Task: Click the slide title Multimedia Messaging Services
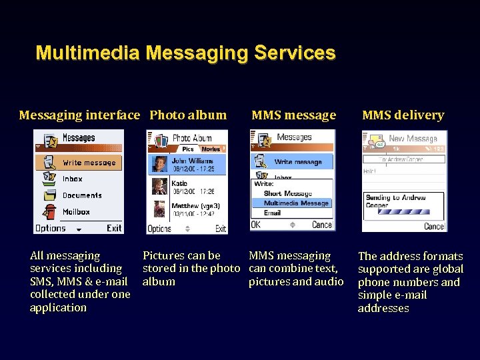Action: tap(185, 53)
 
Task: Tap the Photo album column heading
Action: tap(188, 115)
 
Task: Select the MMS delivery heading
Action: tap(403, 115)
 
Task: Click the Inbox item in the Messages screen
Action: tap(72, 179)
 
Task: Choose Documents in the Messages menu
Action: tap(81, 195)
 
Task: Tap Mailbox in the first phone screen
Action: tap(76, 212)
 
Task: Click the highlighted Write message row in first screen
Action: tap(88, 163)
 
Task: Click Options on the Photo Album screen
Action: tap(159, 229)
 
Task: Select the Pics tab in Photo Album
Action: tap(188, 149)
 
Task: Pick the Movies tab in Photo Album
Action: tap(211, 149)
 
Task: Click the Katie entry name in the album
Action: tap(179, 183)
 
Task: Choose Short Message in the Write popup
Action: tap(287, 193)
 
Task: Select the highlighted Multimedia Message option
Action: tap(295, 203)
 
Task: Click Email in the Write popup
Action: tap(272, 213)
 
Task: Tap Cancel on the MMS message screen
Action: tap(321, 225)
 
